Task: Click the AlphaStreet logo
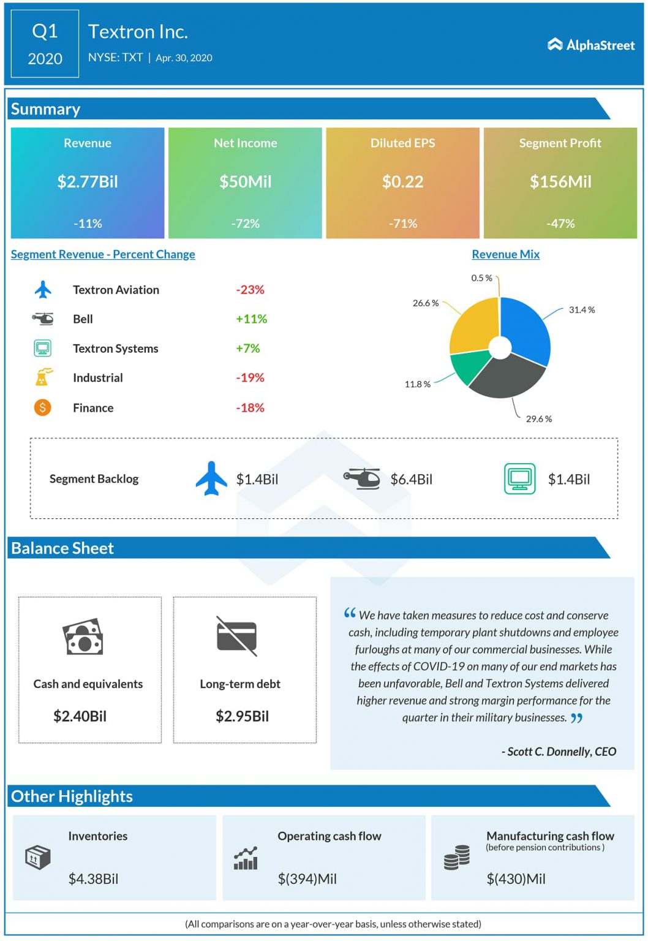pyautogui.click(x=591, y=45)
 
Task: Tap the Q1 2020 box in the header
pyautogui.click(x=45, y=44)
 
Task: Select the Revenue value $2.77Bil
pyautogui.click(x=88, y=182)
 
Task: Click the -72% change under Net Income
pyautogui.click(x=245, y=224)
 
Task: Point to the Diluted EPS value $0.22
pyautogui.click(x=402, y=182)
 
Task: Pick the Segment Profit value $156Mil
pyautogui.click(x=560, y=182)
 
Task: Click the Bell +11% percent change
pyautogui.click(x=251, y=319)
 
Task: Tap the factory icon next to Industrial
pyautogui.click(x=43, y=377)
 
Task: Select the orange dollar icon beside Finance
pyautogui.click(x=43, y=407)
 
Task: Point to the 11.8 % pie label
pyautogui.click(x=417, y=384)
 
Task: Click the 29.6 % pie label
pyautogui.click(x=538, y=419)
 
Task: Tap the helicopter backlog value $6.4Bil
pyautogui.click(x=411, y=480)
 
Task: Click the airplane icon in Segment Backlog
pyautogui.click(x=211, y=478)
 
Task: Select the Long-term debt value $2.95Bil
pyautogui.click(x=242, y=716)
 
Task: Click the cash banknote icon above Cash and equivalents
pyautogui.click(x=83, y=638)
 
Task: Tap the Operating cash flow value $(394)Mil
pyautogui.click(x=307, y=879)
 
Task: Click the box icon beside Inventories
pyautogui.click(x=37, y=858)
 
